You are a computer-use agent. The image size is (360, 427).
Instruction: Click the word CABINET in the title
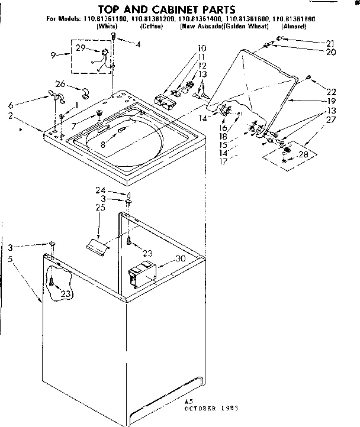168,10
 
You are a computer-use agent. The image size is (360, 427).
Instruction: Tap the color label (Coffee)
148,27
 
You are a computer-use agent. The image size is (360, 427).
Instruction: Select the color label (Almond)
294,27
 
